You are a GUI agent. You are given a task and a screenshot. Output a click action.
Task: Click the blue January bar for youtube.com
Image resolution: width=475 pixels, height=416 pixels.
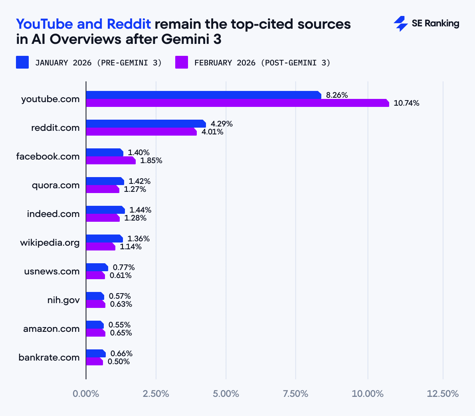tap(203, 95)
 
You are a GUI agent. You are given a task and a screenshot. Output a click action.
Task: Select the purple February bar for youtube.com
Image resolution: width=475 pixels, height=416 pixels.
tap(237, 103)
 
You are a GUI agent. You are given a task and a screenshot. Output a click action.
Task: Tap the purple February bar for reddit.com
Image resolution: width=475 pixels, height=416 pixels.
tap(141, 132)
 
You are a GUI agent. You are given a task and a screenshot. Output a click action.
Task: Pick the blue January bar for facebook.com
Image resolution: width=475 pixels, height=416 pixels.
tap(105, 152)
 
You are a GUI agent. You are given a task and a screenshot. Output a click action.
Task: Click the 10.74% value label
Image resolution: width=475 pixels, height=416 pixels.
tap(406, 103)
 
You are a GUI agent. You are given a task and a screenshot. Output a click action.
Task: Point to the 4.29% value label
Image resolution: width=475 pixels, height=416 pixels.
tap(222, 124)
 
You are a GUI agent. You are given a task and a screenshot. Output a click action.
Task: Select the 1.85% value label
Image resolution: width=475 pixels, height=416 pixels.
tap(151, 161)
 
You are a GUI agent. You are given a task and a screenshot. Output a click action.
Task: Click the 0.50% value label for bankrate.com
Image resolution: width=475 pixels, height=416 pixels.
tap(119, 362)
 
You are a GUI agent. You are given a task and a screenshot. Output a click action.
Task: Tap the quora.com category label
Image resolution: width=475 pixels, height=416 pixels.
tap(55, 185)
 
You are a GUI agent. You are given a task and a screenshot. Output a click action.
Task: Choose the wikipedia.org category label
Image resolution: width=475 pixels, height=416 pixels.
tap(50, 243)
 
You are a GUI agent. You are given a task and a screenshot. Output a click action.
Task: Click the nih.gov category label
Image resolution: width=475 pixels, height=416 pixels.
tap(63, 300)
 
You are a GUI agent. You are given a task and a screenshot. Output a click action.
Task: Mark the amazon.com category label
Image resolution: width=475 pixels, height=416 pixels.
tap(51, 329)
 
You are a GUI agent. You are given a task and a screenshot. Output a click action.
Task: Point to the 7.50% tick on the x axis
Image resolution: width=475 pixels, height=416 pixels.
tap(296, 394)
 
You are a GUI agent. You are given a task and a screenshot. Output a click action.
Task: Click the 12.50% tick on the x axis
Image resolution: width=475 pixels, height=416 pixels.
tap(443, 394)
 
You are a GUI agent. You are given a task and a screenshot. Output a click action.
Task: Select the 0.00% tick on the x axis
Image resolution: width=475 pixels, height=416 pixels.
tap(86, 394)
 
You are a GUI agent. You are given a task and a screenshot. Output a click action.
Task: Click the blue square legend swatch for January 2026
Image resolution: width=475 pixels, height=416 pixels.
tap(22, 62)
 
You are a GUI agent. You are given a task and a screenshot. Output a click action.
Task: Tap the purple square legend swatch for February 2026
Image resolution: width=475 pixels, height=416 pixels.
tap(182, 62)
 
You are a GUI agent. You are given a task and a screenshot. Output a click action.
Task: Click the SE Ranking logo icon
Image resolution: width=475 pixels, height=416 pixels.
tap(400, 24)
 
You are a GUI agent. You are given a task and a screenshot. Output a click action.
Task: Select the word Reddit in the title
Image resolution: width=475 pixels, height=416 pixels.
tap(129, 24)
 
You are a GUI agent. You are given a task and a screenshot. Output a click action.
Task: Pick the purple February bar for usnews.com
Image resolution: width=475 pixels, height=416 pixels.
tap(95, 275)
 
